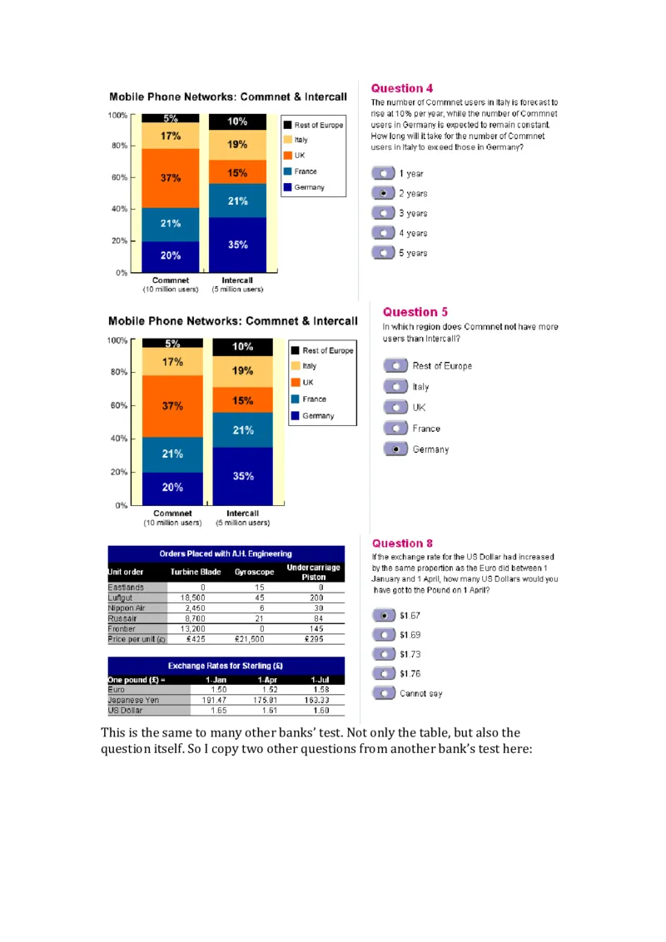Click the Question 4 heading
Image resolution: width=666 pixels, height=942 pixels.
pyautogui.click(x=402, y=88)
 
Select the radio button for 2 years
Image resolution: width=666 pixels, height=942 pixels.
pyautogui.click(x=383, y=193)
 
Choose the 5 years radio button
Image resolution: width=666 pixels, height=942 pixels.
pyautogui.click(x=383, y=253)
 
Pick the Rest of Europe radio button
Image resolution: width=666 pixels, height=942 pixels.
pyautogui.click(x=395, y=365)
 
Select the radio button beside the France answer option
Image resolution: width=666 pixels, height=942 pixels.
pyautogui.click(x=395, y=429)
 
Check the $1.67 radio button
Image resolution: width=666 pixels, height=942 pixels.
pyautogui.click(x=384, y=616)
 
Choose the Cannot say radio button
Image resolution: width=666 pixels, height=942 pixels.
pyautogui.click(x=384, y=693)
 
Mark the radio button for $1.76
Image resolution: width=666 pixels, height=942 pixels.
pyautogui.click(x=384, y=673)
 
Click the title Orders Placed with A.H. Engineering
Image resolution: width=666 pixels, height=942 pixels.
pyautogui.click(x=226, y=553)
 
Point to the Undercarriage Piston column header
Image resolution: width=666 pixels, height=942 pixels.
pyautogui.click(x=314, y=573)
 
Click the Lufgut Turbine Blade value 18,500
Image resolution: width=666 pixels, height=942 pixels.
pyautogui.click(x=192, y=597)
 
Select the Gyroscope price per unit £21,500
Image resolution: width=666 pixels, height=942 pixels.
pyautogui.click(x=249, y=639)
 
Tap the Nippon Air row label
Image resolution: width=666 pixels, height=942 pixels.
pyautogui.click(x=127, y=608)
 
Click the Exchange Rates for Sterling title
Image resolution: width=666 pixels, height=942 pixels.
pyautogui.click(x=226, y=666)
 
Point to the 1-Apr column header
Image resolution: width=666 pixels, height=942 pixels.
pyautogui.click(x=267, y=680)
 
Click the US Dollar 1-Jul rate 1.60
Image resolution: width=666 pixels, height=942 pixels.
pyautogui.click(x=321, y=710)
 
